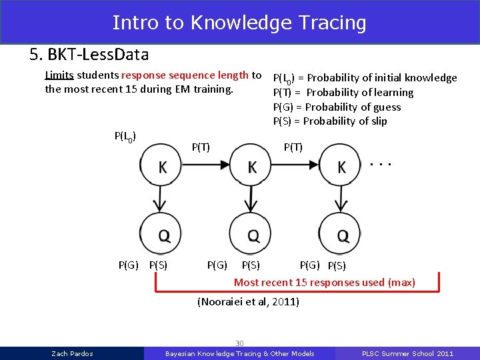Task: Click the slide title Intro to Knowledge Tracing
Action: pos(239,23)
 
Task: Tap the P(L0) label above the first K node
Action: pos(126,137)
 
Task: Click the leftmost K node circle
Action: pos(162,167)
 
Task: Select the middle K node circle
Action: pos(251,167)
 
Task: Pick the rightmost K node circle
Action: pos(341,167)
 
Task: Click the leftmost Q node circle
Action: pos(162,233)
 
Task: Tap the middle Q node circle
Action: pos(251,233)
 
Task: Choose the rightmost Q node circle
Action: pos(341,233)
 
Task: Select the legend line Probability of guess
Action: pos(337,107)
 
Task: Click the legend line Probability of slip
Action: pos(330,121)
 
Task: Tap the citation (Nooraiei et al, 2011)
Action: pos(249,302)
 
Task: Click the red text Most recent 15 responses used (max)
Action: pos(324,283)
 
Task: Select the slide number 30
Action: pos(239,342)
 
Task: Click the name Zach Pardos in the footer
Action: pos(72,353)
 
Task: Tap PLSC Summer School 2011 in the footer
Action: pos(407,353)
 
